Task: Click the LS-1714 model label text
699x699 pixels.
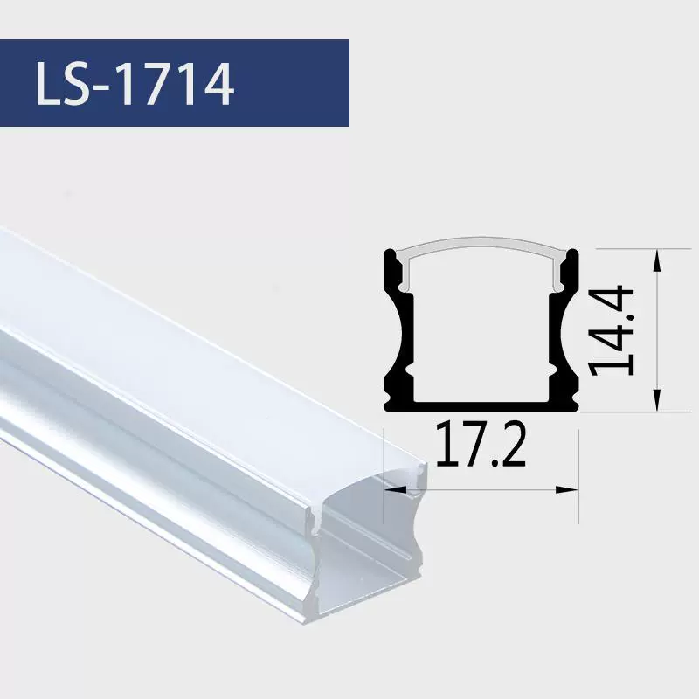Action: (135, 84)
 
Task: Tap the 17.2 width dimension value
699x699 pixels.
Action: (481, 445)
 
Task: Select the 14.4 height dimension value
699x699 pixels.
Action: (611, 332)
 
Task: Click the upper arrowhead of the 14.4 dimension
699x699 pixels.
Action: (656, 260)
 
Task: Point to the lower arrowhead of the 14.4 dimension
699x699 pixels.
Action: (656, 400)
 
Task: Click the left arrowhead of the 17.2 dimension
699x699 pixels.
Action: (396, 489)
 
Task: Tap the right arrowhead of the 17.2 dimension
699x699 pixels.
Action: (567, 489)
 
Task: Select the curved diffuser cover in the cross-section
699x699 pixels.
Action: (481, 243)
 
